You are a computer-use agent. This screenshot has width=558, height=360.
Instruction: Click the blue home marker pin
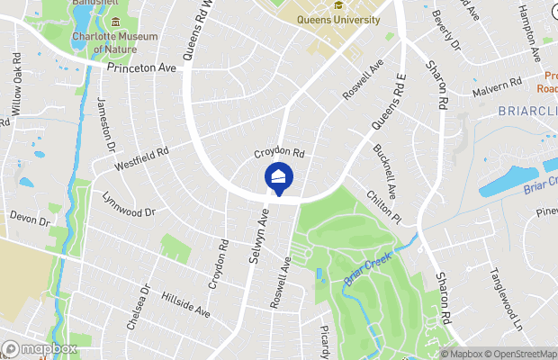(279, 179)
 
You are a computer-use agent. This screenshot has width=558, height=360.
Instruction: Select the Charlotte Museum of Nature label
(113, 41)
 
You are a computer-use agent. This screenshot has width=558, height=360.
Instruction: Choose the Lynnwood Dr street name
(129, 204)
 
